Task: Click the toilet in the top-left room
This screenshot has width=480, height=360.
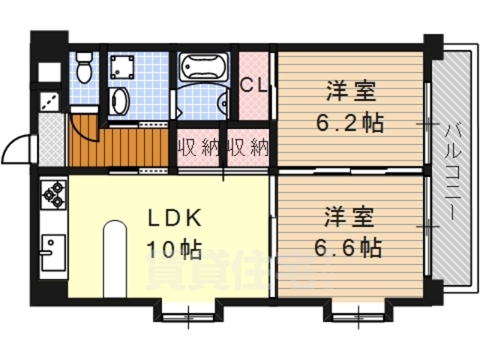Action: tap(85, 67)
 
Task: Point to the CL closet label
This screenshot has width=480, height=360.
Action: tap(253, 85)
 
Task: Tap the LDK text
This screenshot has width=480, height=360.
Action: tap(173, 217)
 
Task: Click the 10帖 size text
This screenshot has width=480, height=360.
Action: tap(173, 248)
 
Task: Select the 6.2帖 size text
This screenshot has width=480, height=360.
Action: tap(349, 122)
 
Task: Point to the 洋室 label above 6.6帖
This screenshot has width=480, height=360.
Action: tap(348, 217)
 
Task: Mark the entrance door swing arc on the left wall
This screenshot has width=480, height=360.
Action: tap(19, 150)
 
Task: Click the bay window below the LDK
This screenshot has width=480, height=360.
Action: tap(187, 309)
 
